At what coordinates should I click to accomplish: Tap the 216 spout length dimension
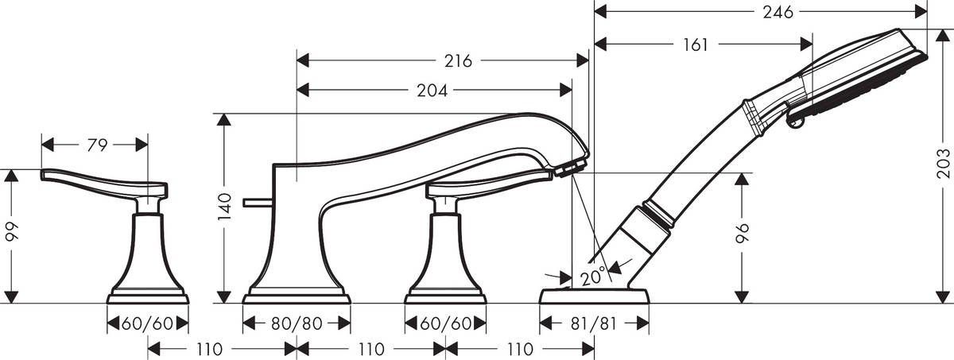pos(459,61)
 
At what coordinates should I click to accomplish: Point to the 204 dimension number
pos(432,91)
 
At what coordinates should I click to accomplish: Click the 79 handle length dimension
pos(96,145)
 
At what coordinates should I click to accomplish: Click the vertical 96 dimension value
pos(743,232)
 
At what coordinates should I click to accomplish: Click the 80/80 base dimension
pos(296,323)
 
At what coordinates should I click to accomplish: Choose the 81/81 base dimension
pos(595,323)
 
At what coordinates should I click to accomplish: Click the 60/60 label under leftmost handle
pos(147,323)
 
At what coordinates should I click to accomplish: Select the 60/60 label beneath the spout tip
pos(445,323)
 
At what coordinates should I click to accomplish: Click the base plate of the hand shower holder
pos(594,296)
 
